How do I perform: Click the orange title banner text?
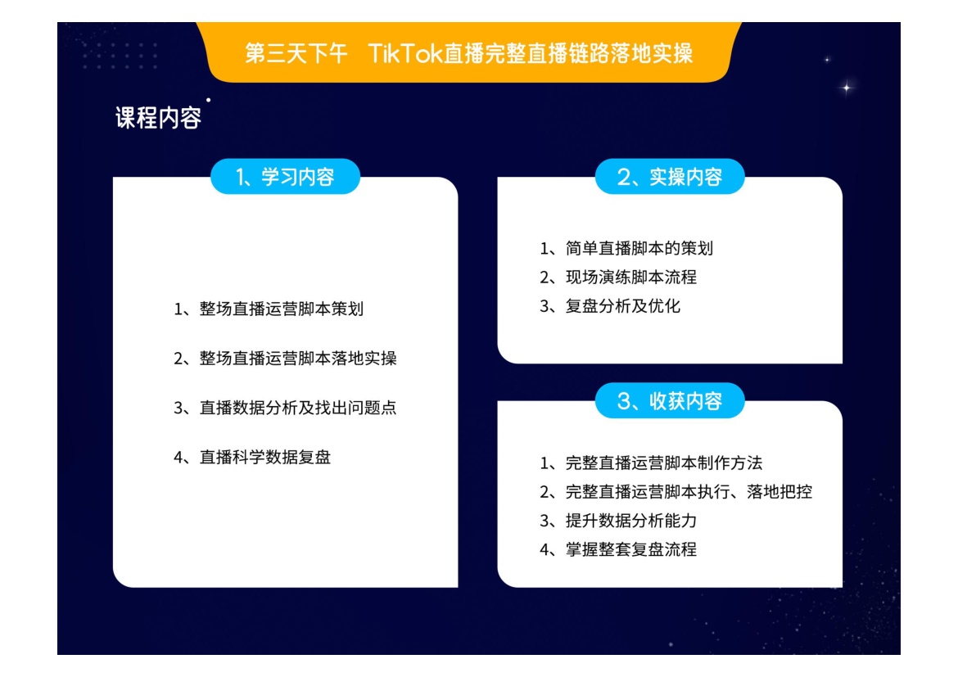[468, 53]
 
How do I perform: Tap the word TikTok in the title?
[404, 53]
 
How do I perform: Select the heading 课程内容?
[158, 117]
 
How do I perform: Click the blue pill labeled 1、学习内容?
[285, 177]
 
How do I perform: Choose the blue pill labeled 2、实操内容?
[670, 177]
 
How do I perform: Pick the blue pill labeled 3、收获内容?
[670, 401]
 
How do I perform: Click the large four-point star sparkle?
[847, 88]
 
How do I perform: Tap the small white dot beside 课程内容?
[208, 100]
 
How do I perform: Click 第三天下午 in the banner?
[296, 53]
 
